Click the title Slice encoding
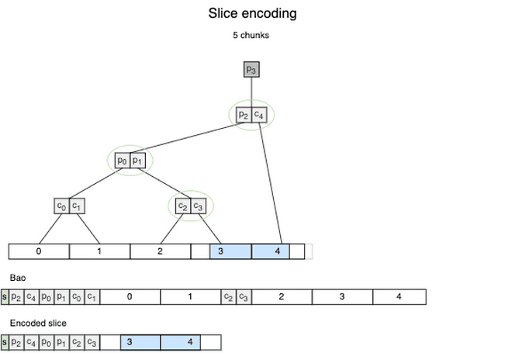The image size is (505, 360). coord(252,13)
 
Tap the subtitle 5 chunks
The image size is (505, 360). coord(251,36)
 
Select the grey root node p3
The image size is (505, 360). coord(251,70)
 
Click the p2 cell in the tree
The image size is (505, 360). coord(244,115)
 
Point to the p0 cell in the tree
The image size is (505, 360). coord(122,161)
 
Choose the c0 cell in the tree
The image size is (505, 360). coord(61,206)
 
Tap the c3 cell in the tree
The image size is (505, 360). coord(199,206)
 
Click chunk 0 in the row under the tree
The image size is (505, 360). coord(39,251)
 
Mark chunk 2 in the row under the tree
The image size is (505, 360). coord(160,251)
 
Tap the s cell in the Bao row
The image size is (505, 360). coord(5,296)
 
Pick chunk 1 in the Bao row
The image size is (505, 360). coord(191,296)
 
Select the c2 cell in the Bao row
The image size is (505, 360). coord(228,296)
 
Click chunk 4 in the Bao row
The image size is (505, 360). coord(399,296)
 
